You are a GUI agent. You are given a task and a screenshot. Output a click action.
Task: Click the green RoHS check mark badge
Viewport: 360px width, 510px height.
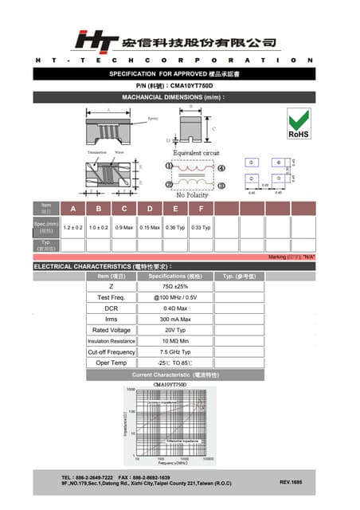[298, 124]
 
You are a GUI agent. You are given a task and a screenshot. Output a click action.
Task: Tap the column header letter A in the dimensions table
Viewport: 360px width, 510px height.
[74, 210]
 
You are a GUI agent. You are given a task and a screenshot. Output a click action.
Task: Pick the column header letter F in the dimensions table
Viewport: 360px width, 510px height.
[201, 210]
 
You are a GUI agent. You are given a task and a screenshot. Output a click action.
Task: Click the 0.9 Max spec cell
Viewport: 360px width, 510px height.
[124, 228]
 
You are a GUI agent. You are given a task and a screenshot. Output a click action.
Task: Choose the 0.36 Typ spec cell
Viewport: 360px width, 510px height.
[175, 228]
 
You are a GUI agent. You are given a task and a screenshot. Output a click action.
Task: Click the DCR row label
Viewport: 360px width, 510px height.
[111, 308]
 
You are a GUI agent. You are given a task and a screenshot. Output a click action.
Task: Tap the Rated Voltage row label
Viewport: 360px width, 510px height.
[111, 330]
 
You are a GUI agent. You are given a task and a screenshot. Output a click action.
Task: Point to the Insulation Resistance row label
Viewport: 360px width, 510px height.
[111, 341]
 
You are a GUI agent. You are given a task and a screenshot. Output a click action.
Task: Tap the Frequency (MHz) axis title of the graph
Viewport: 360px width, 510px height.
[171, 463]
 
